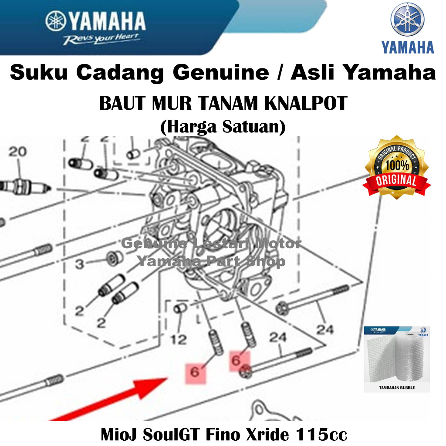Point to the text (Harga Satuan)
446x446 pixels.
(x=223, y=126)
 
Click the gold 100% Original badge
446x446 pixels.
(x=396, y=168)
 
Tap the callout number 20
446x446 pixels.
(x=17, y=152)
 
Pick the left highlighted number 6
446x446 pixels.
(x=195, y=372)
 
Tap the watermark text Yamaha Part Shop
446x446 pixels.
(x=211, y=261)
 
